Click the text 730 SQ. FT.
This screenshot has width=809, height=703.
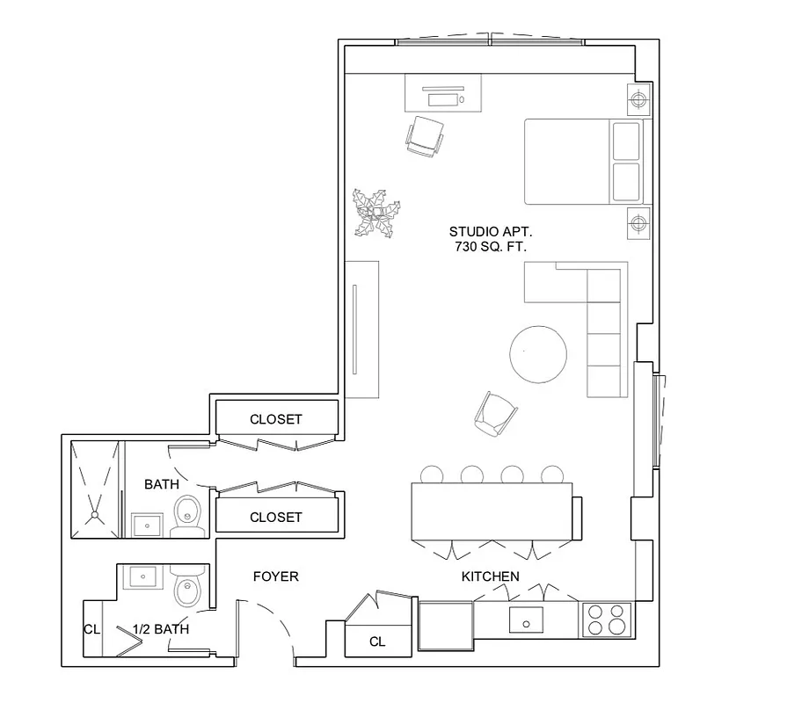(x=491, y=247)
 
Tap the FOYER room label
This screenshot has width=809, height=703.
(x=275, y=576)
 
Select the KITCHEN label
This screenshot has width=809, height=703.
(x=490, y=576)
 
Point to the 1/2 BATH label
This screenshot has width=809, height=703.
(x=160, y=629)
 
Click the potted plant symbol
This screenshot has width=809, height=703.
(x=376, y=213)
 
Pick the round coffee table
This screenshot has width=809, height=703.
(x=539, y=354)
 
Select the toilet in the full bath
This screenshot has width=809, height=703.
(x=187, y=516)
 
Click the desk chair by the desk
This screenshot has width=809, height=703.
(x=426, y=136)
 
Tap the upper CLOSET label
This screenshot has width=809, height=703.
(x=275, y=419)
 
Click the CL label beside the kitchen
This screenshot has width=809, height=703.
(x=377, y=641)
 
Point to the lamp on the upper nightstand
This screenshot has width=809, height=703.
(x=638, y=98)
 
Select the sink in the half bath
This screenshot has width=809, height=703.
(x=142, y=578)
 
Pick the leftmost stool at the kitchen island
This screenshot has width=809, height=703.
(x=432, y=475)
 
